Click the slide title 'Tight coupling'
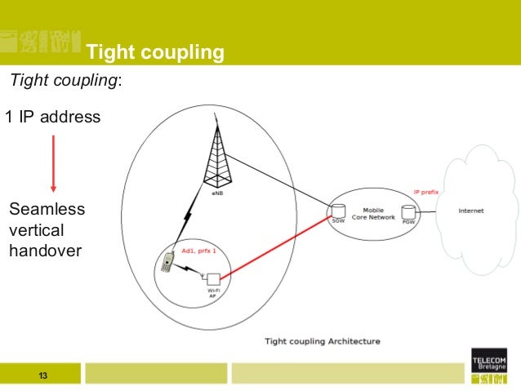155,53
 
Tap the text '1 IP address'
53,118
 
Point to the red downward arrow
53,162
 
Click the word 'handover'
46,251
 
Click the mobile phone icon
167,262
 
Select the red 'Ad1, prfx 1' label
198,251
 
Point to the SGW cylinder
336,211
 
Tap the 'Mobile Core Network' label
373,214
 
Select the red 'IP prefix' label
426,192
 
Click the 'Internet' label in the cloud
470,211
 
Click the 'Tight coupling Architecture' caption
323,340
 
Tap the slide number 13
42,375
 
